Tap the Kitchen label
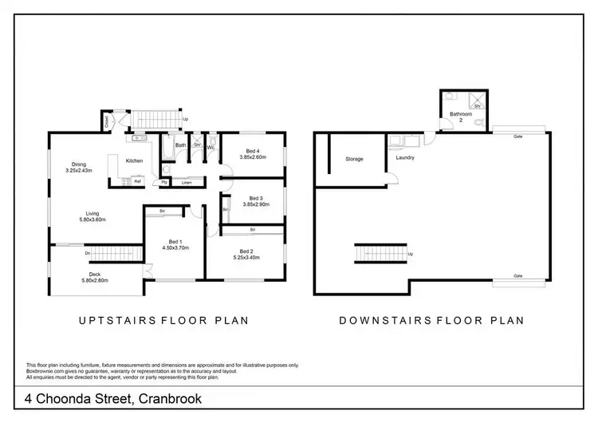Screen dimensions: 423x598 pos(134,161)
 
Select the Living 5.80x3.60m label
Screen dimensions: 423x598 pos(92,215)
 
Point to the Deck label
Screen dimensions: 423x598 pos(93,275)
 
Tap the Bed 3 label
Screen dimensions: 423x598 pos(255,199)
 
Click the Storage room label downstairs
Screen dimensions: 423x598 pos(354,159)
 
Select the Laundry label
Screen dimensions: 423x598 pos(405,158)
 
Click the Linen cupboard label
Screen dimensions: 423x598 pos(186,183)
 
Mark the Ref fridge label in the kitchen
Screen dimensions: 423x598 pos(137,181)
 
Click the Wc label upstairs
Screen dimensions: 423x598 pos(211,147)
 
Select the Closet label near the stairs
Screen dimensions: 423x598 pos(105,121)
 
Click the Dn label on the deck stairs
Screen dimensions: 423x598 pos(86,254)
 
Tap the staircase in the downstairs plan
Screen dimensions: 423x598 pos(380,255)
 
